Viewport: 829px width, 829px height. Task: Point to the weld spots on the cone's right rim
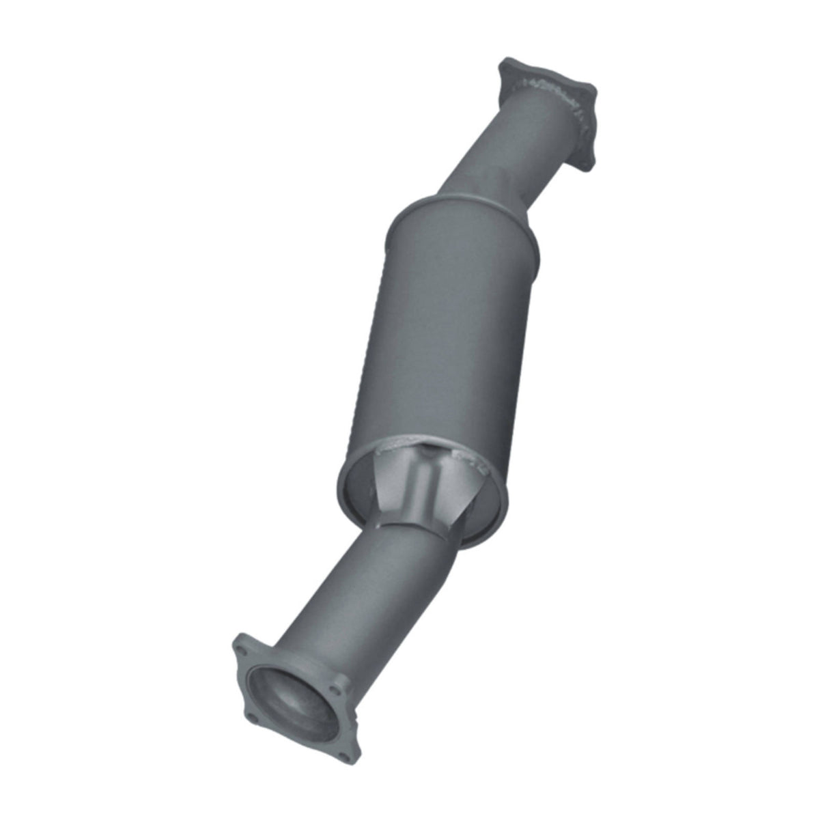(475, 464)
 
